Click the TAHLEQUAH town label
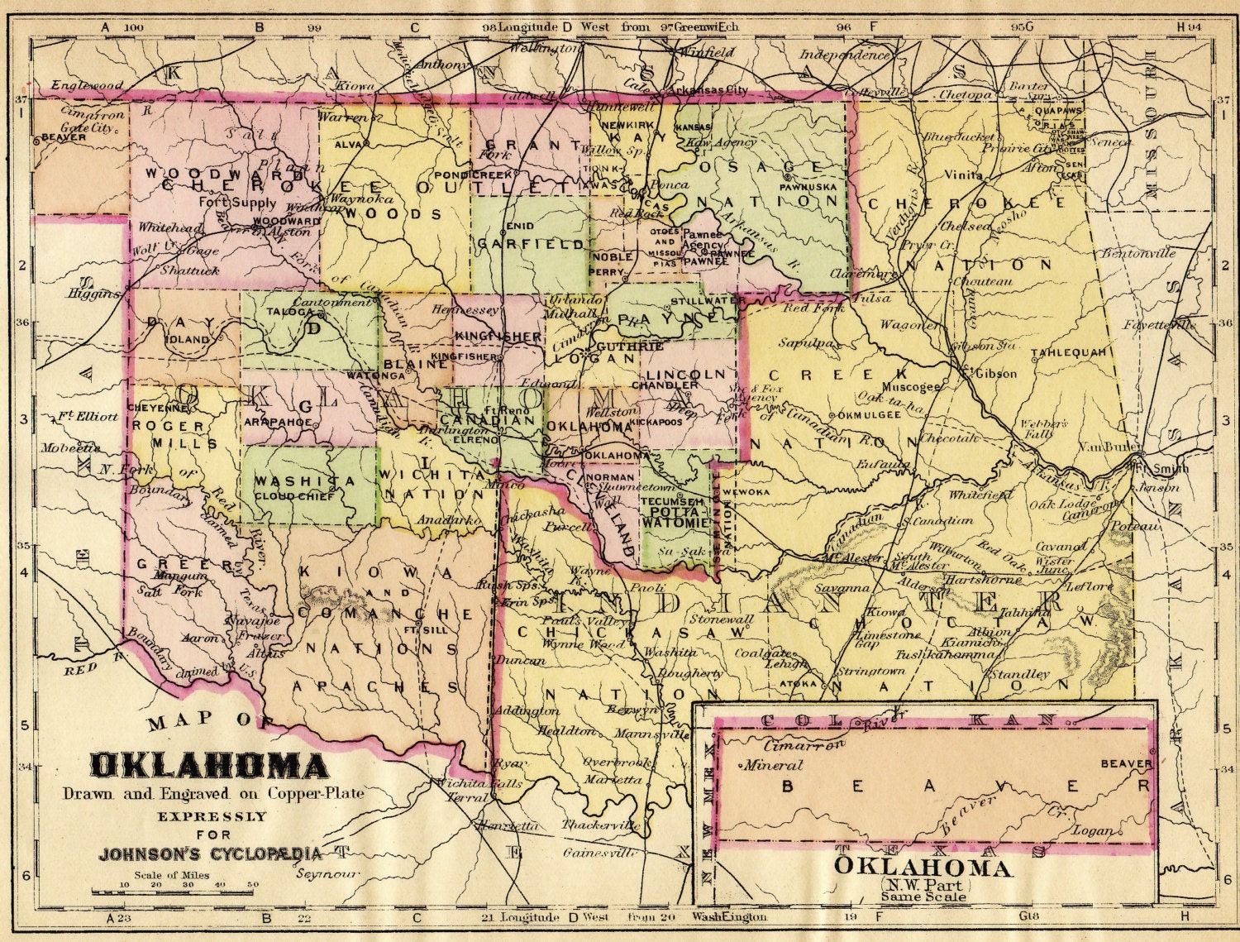pos(1068,352)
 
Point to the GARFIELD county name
pos(530,245)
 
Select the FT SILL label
pos(419,629)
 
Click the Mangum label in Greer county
pos(183,575)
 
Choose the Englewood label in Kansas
pos(87,85)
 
